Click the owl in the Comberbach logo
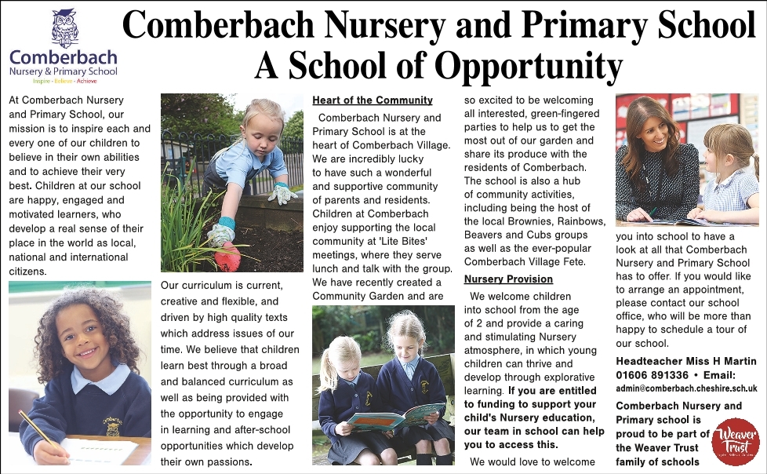[64, 29]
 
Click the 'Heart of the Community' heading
[373, 100]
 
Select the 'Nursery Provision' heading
[508, 279]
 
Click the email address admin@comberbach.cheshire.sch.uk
[686, 388]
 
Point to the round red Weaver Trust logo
[736, 443]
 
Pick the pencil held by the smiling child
[35, 429]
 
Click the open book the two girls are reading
[395, 414]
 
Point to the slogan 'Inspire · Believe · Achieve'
[64, 81]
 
